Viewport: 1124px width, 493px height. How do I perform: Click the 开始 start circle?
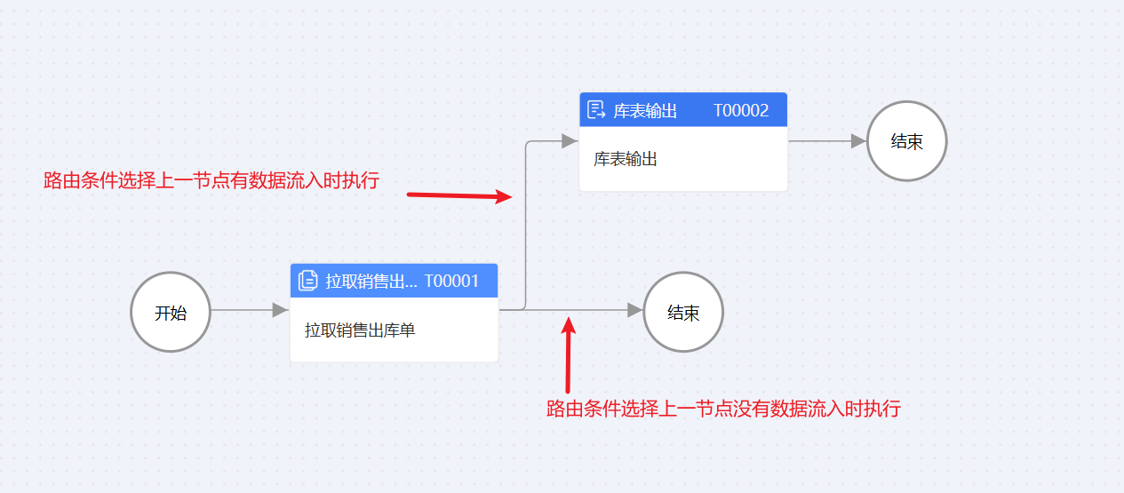click(x=170, y=312)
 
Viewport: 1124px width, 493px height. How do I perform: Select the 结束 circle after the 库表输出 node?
click(x=906, y=141)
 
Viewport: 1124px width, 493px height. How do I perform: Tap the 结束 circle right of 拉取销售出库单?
click(x=682, y=312)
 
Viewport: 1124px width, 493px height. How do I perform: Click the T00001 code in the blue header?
click(x=451, y=282)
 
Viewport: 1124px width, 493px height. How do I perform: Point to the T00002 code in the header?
click(x=741, y=111)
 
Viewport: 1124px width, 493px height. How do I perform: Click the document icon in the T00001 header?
click(x=307, y=281)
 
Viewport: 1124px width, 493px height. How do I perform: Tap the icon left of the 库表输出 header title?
click(x=596, y=111)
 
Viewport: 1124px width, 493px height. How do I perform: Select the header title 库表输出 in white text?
click(x=645, y=111)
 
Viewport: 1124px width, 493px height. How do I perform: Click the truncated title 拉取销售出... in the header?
click(x=371, y=282)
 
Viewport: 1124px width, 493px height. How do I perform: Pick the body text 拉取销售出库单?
click(x=360, y=330)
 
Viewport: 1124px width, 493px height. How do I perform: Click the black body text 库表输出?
click(x=626, y=160)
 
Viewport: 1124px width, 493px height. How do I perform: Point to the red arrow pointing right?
click(x=459, y=195)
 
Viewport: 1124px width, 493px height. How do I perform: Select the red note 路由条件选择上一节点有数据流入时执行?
click(x=211, y=181)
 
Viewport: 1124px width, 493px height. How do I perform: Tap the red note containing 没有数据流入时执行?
click(x=723, y=409)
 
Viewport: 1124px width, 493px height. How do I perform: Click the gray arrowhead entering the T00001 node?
click(x=280, y=310)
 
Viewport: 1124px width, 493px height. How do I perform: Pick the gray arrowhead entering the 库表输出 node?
click(x=570, y=140)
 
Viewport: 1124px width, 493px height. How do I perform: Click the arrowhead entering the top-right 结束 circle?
click(x=857, y=140)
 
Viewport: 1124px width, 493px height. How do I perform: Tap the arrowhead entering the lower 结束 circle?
click(x=634, y=310)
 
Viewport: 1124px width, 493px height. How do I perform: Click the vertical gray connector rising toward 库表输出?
click(x=526, y=222)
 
